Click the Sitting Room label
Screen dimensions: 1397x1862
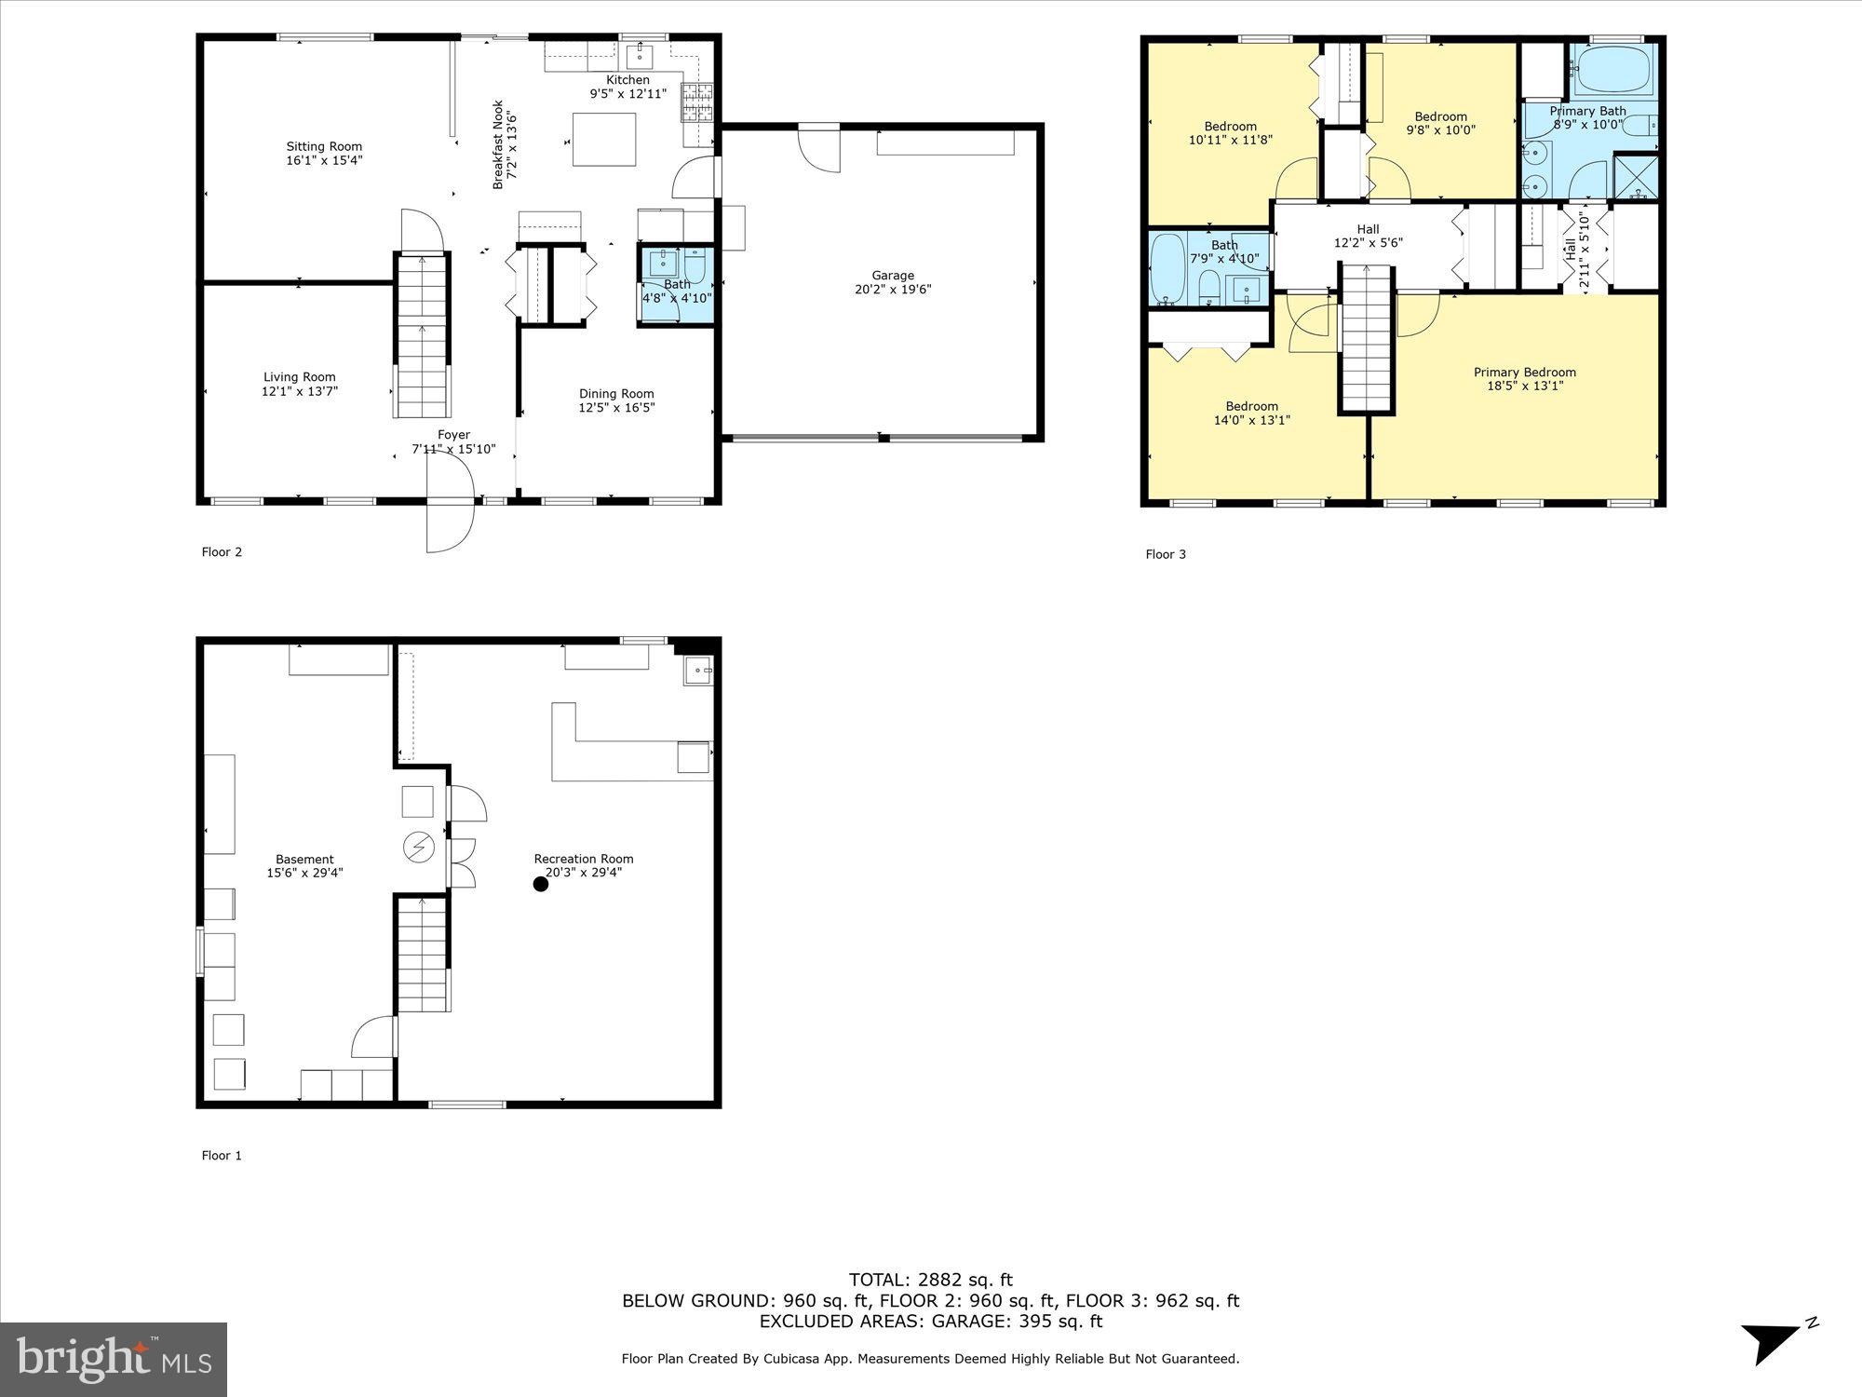click(x=323, y=146)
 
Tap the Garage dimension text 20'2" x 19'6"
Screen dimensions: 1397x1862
click(x=893, y=290)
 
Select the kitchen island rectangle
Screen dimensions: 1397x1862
click(x=604, y=140)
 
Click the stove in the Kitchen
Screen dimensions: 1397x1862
click(x=697, y=102)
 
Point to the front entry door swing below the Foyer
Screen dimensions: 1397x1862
click(x=451, y=526)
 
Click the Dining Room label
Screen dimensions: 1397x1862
click(x=616, y=394)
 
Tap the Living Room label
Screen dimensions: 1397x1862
click(x=299, y=377)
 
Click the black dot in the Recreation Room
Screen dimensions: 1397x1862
click(x=540, y=884)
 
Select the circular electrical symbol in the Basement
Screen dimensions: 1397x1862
click(x=418, y=847)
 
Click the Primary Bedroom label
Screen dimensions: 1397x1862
click(x=1524, y=373)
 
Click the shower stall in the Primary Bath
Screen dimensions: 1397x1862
click(x=1636, y=177)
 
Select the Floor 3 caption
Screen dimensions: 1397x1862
click(x=1165, y=554)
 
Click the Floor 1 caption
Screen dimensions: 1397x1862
click(x=222, y=1156)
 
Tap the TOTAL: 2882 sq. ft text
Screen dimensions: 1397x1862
click(x=930, y=1280)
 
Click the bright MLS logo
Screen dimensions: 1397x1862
click(x=113, y=1359)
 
